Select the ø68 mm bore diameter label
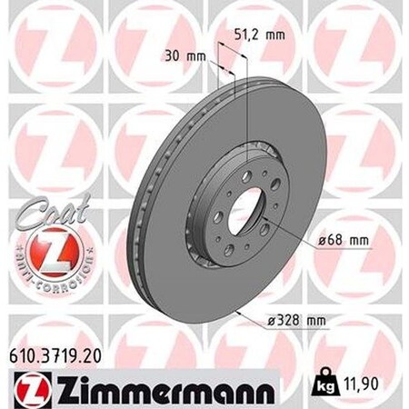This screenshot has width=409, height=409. [348, 240]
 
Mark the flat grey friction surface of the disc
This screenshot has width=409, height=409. [300, 164]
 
